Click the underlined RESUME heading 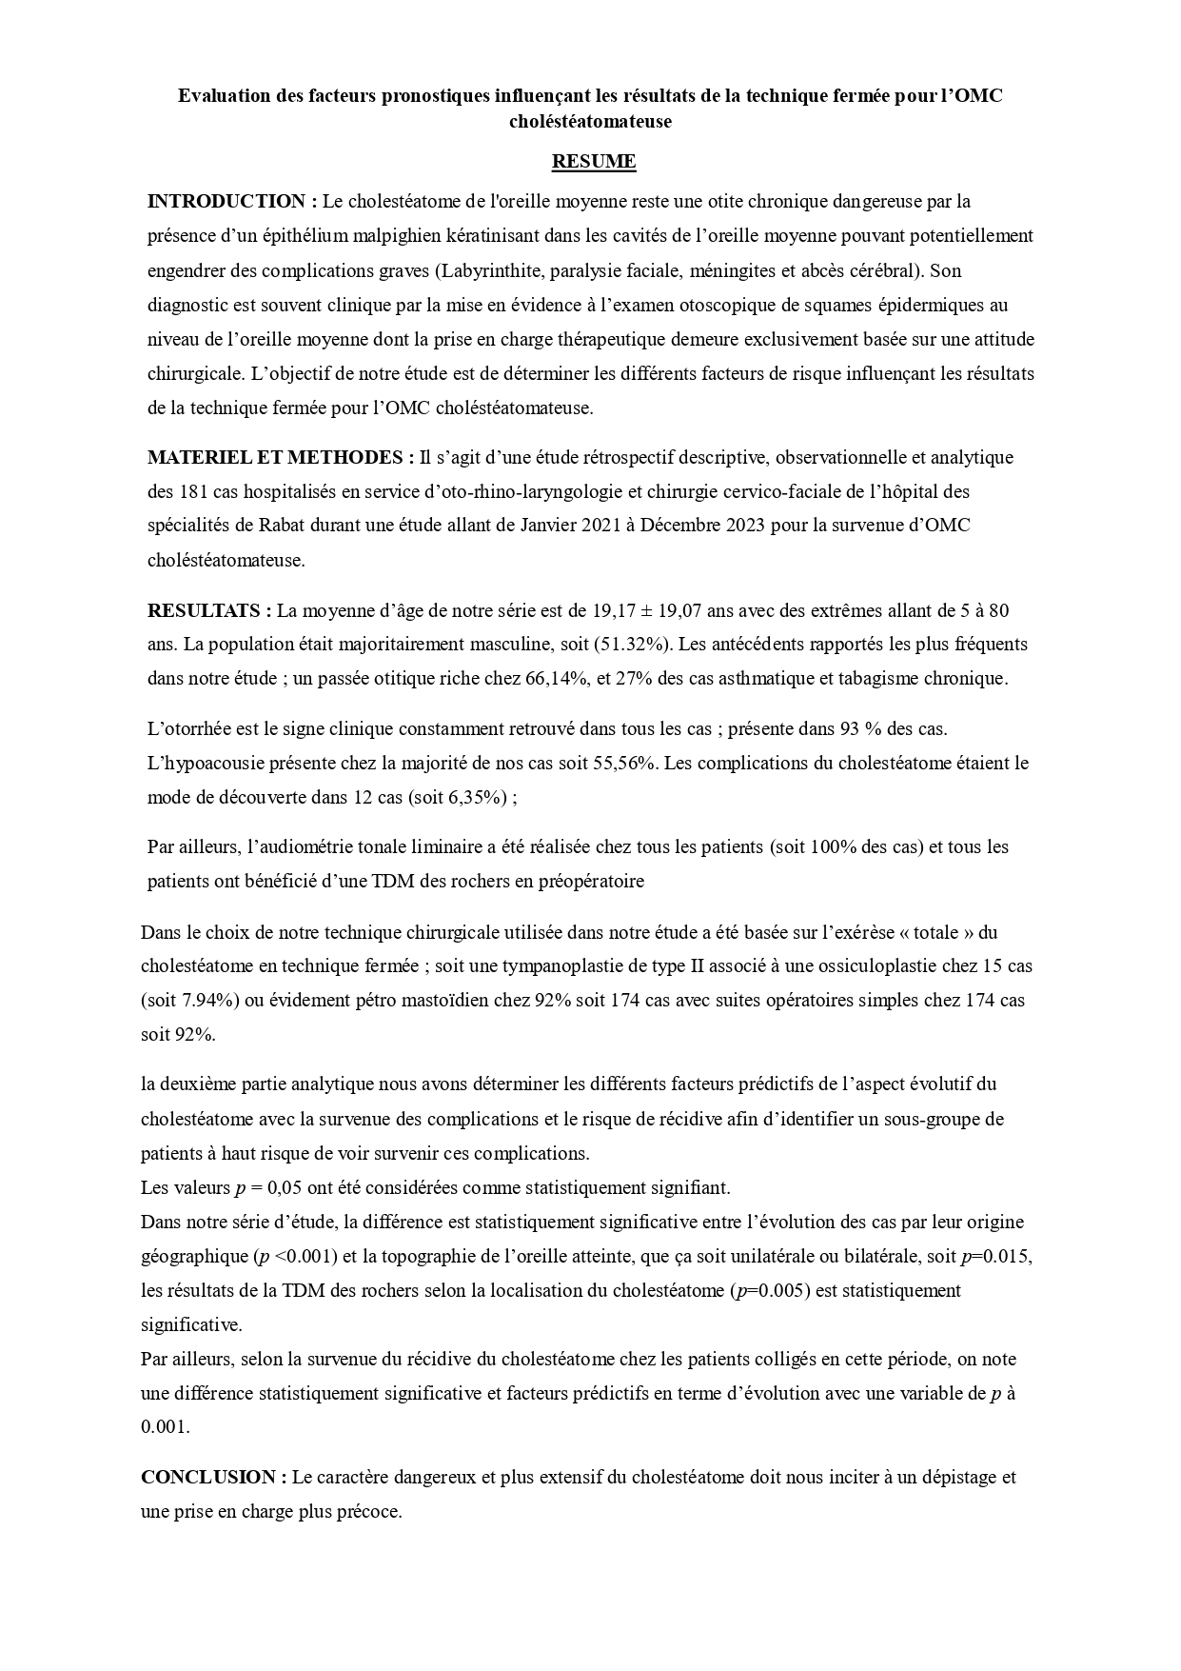click(594, 162)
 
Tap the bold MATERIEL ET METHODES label click(281, 457)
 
